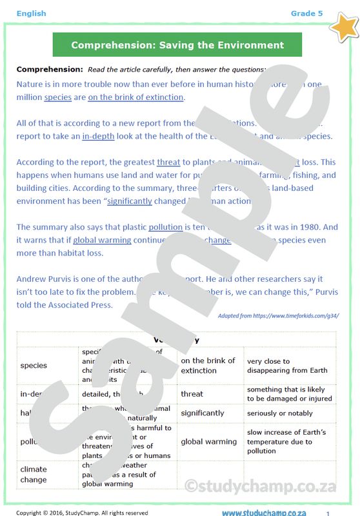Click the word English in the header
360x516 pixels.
32,13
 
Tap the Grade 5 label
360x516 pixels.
307,13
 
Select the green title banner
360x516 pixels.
177,45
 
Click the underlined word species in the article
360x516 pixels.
57,97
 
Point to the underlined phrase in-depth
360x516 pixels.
98,136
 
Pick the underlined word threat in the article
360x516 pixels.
168,162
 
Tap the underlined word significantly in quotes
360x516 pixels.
130,201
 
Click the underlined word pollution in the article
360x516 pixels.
166,227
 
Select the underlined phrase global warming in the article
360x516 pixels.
102,240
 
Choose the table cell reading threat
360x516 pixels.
192,393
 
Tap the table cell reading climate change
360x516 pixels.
34,474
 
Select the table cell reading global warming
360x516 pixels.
208,442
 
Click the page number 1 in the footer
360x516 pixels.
328,513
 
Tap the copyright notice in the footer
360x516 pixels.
82,513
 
